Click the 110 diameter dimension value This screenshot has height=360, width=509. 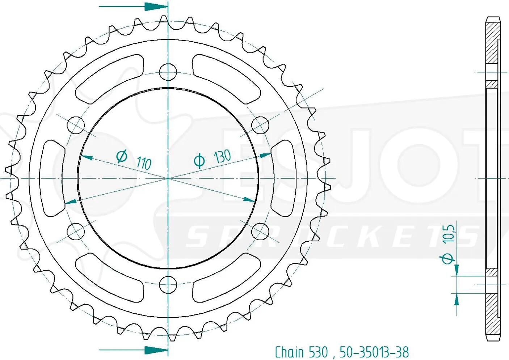(x=144, y=163)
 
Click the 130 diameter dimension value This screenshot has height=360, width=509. (x=222, y=156)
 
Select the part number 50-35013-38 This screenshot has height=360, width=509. (x=374, y=352)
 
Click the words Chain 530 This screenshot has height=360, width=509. (x=302, y=352)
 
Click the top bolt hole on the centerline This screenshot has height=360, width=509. (x=168, y=72)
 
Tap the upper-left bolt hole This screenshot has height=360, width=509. (x=76, y=125)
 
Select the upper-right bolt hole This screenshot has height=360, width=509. (x=260, y=125)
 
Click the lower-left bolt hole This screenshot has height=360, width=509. (x=76, y=232)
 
